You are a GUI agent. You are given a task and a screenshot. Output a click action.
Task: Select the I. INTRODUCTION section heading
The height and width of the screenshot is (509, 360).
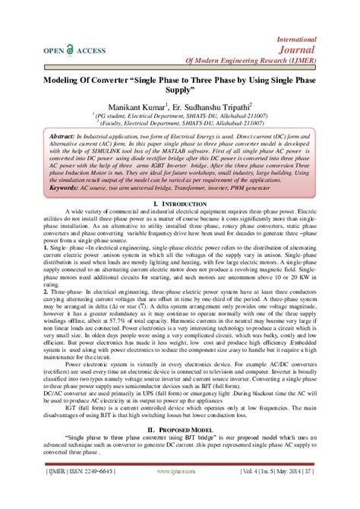pyautogui.click(x=180, y=205)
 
